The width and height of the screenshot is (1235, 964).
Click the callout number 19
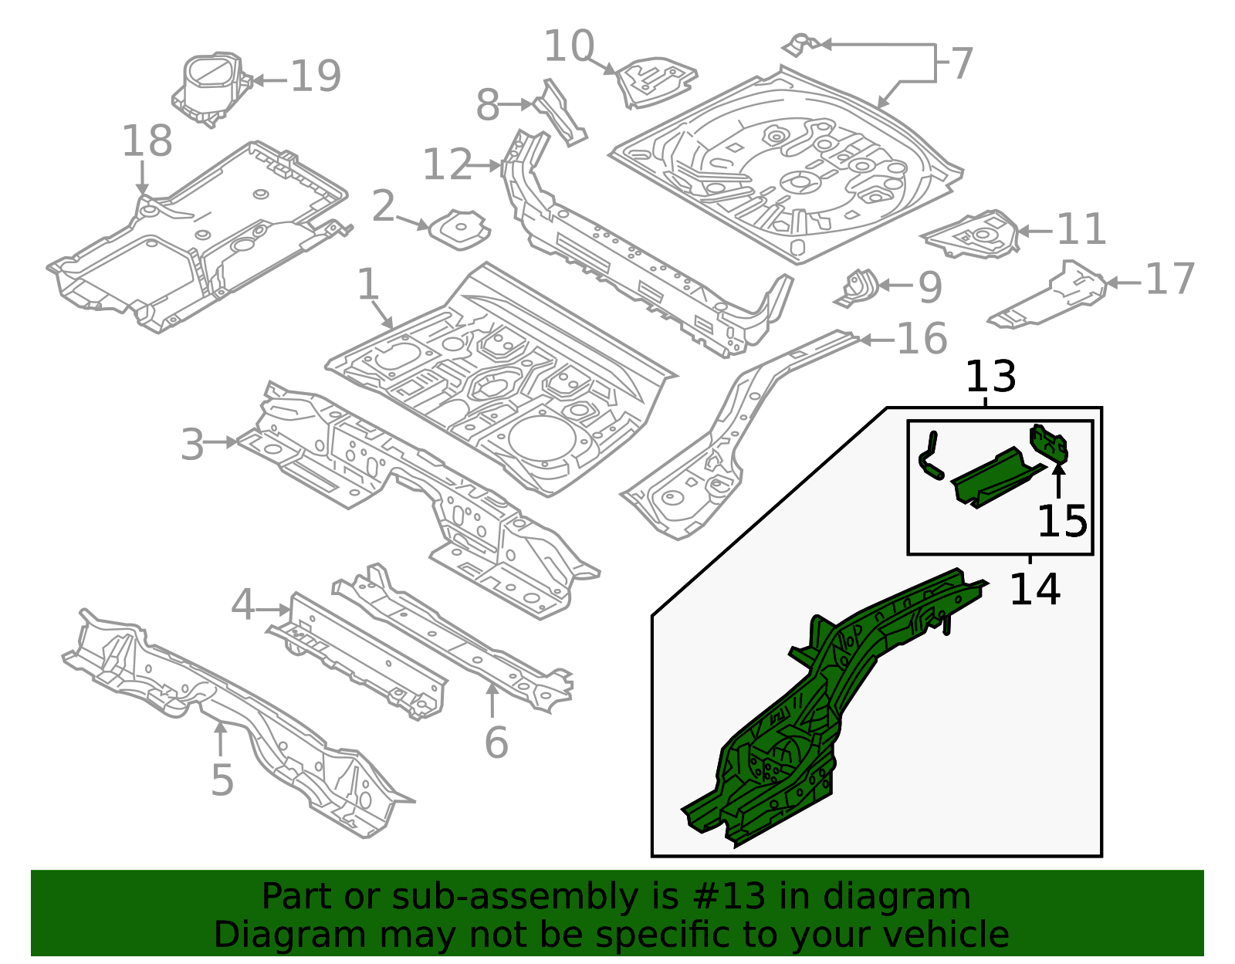coord(316,77)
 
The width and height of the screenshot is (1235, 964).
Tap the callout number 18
coord(147,142)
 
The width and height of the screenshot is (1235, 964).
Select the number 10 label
coord(569,47)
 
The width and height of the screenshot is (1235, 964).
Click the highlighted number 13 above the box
coord(990,377)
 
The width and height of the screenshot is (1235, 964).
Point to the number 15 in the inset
coord(1061,521)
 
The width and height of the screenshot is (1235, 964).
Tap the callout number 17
coord(1169,279)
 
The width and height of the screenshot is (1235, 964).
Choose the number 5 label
coord(222,780)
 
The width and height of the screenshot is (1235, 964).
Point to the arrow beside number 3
coord(223,442)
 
